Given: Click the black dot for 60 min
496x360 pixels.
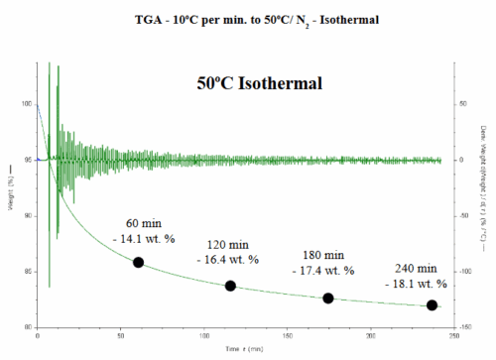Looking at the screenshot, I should click(139, 262).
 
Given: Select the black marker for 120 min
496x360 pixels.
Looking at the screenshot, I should click(230, 286).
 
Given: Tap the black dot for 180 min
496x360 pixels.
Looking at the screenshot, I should click(328, 299).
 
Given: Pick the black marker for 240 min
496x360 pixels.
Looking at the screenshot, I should click(432, 305).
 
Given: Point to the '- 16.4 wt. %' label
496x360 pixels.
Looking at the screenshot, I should click(228, 259).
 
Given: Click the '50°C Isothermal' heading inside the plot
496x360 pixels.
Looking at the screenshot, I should click(259, 83).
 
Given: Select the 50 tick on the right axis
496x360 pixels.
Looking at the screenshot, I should click(462, 104).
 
